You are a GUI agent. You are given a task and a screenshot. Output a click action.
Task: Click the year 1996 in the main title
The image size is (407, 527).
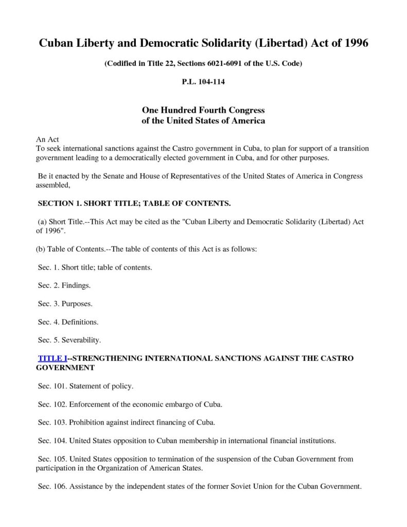(x=353, y=43)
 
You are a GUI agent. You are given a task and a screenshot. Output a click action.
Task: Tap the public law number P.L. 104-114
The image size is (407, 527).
(x=203, y=82)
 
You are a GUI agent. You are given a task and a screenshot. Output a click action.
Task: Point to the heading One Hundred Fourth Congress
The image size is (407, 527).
(x=203, y=111)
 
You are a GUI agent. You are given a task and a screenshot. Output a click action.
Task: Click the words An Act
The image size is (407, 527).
(x=47, y=139)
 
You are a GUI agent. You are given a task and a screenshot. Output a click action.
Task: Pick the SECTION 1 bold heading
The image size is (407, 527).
(x=135, y=203)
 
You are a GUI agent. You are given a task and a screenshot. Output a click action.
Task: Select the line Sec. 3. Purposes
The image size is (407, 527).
(x=65, y=303)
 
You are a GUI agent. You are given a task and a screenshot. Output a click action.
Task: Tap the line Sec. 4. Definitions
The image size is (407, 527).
(x=68, y=322)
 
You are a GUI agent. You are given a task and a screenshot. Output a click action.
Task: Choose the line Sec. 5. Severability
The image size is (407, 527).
(x=69, y=340)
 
